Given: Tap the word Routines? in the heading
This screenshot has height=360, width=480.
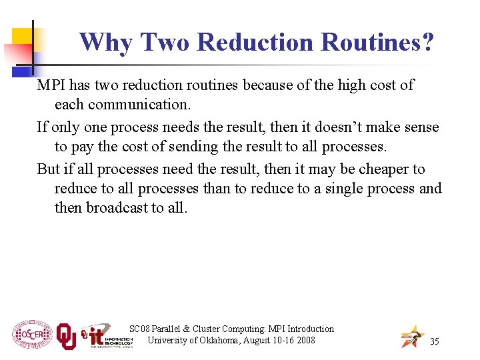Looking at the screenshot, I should point(377,43).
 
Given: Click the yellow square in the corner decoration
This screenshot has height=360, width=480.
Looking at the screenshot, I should point(23,37).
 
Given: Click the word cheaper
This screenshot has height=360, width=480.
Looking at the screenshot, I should point(385,169).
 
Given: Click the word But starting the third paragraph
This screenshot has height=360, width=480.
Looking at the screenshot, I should point(48,169).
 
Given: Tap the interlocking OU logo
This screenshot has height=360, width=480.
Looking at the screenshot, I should point(66,336).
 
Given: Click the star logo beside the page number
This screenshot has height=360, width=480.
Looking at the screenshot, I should point(412,337).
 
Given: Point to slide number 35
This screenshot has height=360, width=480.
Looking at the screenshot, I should point(435,342).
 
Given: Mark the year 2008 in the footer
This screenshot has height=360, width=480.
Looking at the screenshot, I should point(305,340).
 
